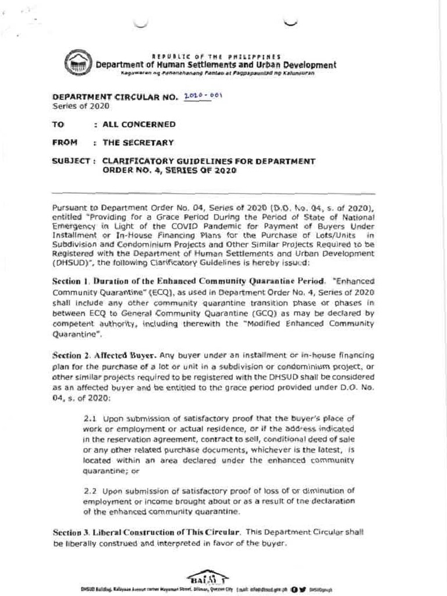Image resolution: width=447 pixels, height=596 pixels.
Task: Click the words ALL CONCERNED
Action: (x=139, y=124)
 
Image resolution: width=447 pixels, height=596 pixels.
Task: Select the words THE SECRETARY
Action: (x=138, y=142)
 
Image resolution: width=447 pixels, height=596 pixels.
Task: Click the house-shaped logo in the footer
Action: (x=200, y=576)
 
